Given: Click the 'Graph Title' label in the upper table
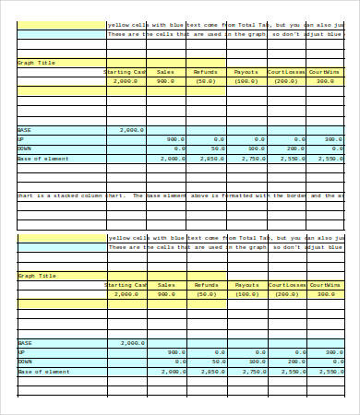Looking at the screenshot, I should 37,63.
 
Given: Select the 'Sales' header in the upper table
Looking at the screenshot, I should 165,71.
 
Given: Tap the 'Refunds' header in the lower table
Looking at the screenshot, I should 206,285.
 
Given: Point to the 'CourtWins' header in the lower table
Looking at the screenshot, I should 325,285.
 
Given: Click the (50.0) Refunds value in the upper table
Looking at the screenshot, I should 206,81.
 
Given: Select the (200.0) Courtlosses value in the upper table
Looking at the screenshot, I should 286,81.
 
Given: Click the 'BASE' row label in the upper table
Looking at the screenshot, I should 25,130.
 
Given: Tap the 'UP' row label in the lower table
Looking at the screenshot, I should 21,352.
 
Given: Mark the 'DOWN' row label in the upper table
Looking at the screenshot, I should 25,148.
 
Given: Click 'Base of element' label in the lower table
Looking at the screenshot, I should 43,371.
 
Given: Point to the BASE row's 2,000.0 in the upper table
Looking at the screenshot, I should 132,130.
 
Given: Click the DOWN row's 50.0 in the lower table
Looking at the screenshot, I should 218,362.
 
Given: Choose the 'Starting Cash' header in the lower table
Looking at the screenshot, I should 126,285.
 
